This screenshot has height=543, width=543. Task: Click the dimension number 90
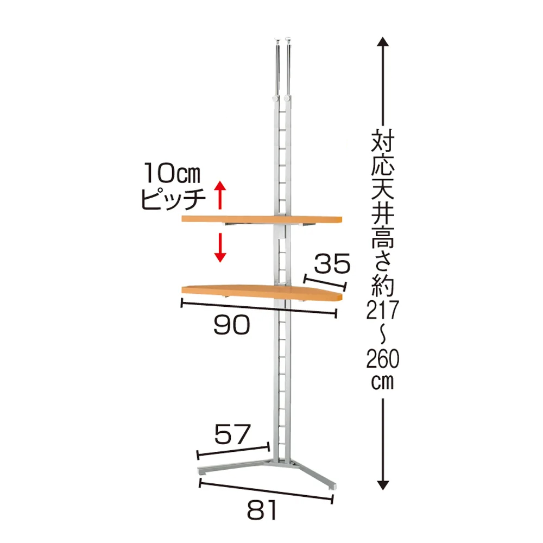coord(231,325)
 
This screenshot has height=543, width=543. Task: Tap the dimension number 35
coord(332,263)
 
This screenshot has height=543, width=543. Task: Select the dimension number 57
coord(232,434)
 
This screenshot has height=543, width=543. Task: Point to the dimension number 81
coord(262,510)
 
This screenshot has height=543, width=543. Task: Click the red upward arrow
coord(220,195)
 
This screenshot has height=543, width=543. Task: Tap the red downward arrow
coord(220,247)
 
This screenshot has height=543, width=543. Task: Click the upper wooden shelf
coord(262,219)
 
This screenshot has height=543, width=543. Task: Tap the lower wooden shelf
coord(262,292)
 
